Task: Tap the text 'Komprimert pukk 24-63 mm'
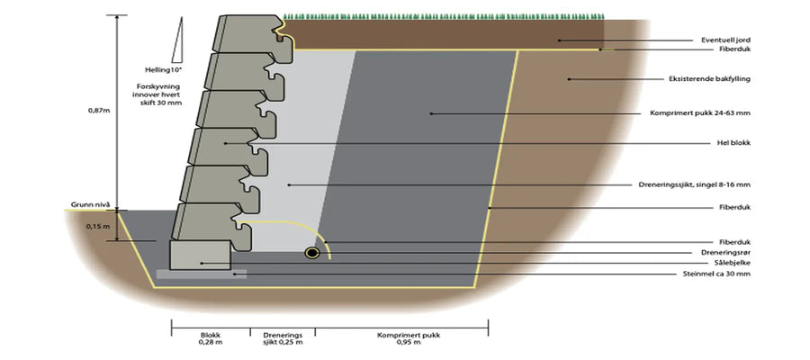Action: pyautogui.click(x=700, y=113)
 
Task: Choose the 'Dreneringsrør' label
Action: pyautogui.click(x=724, y=253)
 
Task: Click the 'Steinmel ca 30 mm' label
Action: pyautogui.click(x=716, y=274)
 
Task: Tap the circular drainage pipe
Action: pyautogui.click(x=312, y=253)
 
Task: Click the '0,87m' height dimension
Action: pyautogui.click(x=96, y=111)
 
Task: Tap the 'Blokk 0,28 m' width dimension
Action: pyautogui.click(x=211, y=338)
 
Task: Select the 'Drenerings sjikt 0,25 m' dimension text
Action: pyautogui.click(x=283, y=338)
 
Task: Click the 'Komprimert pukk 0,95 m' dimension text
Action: pyautogui.click(x=402, y=338)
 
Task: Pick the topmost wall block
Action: pyautogui.click(x=248, y=33)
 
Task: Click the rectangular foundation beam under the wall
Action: pyautogui.click(x=201, y=256)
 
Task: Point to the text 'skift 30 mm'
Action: pyautogui.click(x=162, y=103)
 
